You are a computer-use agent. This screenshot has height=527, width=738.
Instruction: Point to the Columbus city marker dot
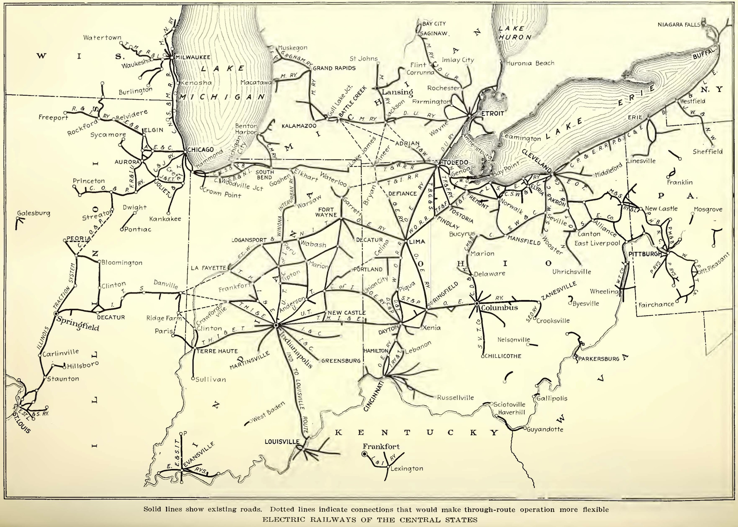pyautogui.click(x=477, y=303)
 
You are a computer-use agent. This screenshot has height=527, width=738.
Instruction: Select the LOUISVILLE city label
pyautogui.click(x=282, y=442)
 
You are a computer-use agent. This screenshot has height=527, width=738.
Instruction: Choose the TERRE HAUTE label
pyautogui.click(x=216, y=351)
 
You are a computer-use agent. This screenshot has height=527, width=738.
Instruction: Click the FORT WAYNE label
pyautogui.click(x=327, y=212)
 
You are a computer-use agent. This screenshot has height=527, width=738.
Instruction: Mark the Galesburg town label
pyautogui.click(x=34, y=213)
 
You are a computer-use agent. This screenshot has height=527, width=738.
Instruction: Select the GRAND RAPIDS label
pyautogui.click(x=334, y=68)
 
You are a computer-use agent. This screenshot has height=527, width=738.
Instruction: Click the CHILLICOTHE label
pyautogui.click(x=503, y=356)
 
